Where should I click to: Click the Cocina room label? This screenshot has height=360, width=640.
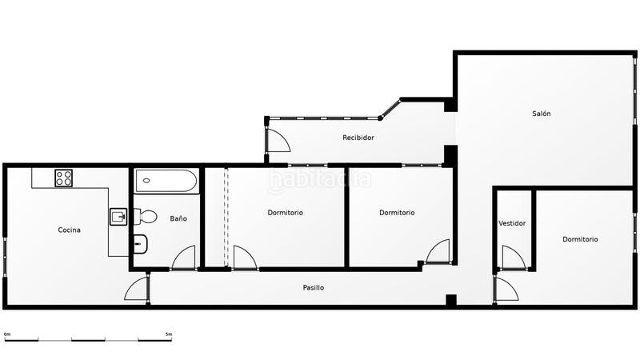[x=70, y=230]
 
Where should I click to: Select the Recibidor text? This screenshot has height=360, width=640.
[x=358, y=138]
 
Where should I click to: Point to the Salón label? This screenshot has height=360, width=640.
[x=542, y=114]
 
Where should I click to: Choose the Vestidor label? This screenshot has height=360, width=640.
[x=512, y=223]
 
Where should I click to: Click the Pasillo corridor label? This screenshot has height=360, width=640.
[x=314, y=288]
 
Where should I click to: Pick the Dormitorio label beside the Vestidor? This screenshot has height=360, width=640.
[x=580, y=239]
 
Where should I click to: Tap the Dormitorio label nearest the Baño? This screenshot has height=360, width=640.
[x=285, y=213]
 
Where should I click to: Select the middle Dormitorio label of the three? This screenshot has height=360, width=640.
[x=397, y=213]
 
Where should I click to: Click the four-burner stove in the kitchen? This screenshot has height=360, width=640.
[x=64, y=178]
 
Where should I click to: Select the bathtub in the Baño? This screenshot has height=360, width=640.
[x=166, y=181]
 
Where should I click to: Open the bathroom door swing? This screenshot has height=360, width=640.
[x=184, y=258]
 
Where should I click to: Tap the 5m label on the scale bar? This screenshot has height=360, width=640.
[x=168, y=334]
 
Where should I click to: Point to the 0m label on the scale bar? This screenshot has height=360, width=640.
[x=7, y=334]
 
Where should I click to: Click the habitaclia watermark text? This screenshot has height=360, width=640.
[x=320, y=180]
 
